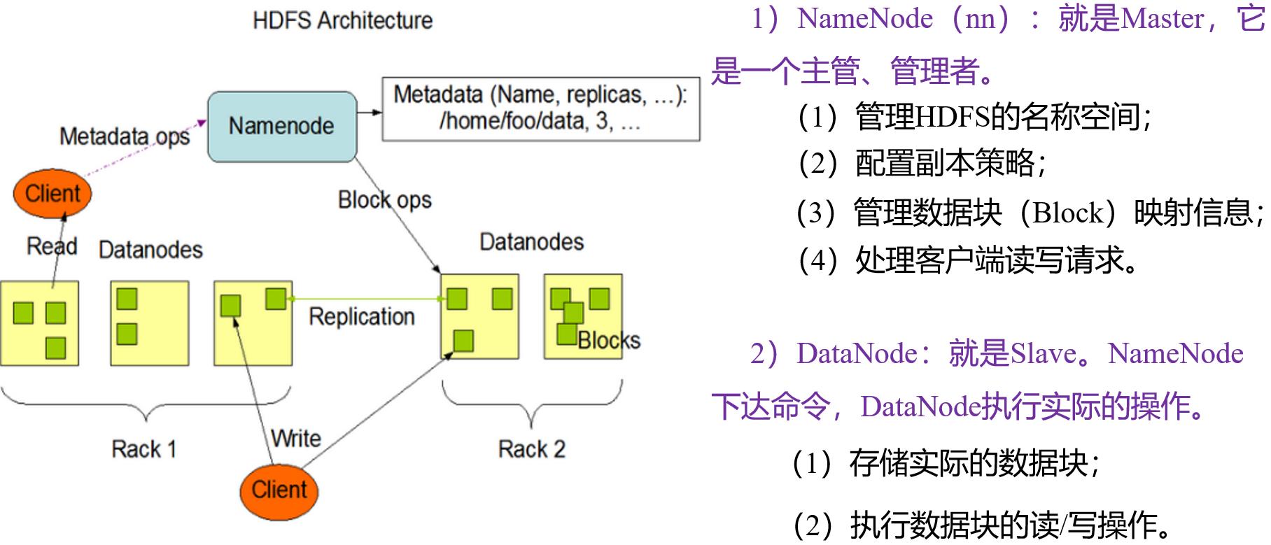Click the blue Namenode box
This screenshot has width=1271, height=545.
point(282,127)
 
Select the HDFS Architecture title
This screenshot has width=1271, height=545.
point(342,20)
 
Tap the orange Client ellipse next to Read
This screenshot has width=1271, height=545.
point(52,194)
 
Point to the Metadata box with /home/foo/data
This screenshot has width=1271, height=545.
point(540,108)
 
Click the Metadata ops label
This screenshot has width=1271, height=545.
point(125,136)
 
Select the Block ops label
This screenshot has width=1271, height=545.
point(384,200)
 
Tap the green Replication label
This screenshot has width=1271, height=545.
point(362,316)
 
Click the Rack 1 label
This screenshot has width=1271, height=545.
point(143,448)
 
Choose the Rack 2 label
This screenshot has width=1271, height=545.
point(531,448)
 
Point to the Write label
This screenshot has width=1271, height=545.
point(296,439)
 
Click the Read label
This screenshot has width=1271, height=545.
point(51,246)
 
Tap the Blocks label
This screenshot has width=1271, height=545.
point(609,340)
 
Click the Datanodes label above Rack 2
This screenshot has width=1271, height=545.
point(531,242)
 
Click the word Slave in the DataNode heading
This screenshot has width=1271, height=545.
point(1043,354)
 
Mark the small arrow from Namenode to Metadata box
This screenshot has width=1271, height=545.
point(370,112)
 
